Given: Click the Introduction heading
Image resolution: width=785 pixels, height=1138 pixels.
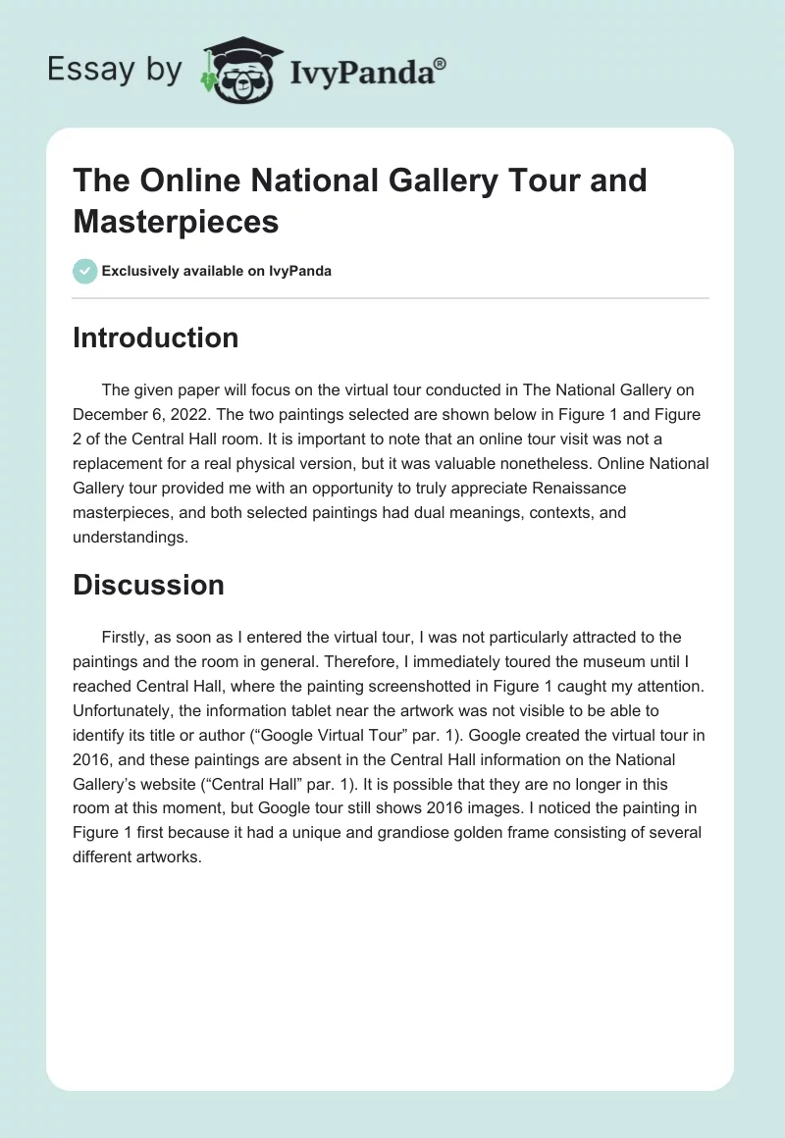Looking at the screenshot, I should (155, 337).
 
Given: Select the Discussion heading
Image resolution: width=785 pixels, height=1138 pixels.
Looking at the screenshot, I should (148, 585).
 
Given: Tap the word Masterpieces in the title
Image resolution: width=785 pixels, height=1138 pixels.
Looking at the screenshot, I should (176, 221).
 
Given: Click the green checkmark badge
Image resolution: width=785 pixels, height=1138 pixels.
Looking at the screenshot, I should (85, 271).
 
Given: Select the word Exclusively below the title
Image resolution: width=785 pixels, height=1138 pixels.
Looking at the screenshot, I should (142, 271).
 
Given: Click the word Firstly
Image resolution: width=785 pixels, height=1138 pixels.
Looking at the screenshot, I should (130, 637).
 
